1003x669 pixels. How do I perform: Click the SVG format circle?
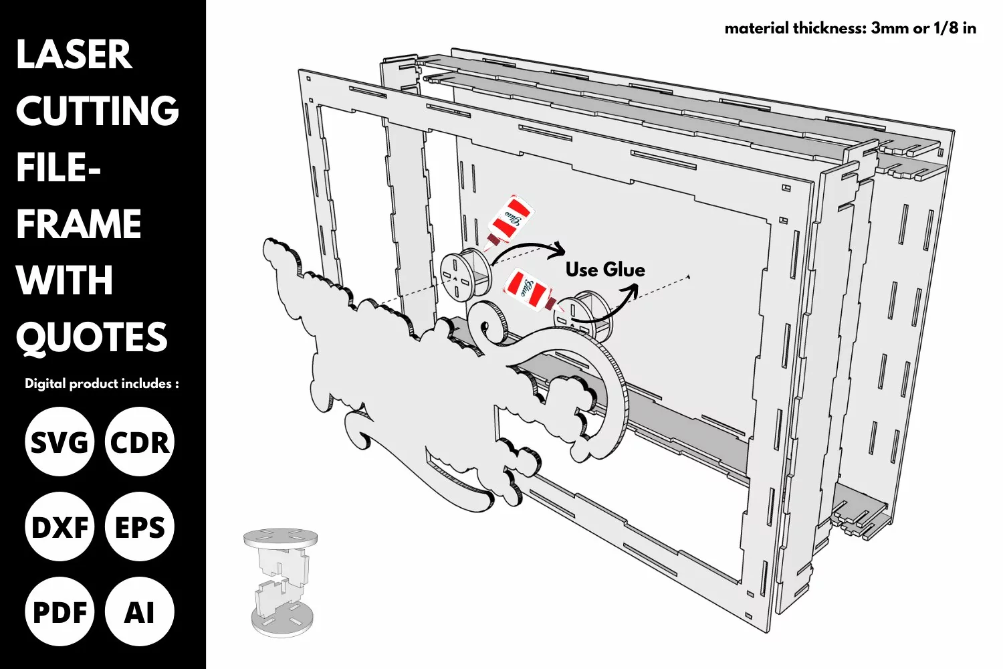point(60,442)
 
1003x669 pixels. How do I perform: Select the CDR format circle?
point(140,442)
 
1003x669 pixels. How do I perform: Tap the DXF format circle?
point(60,527)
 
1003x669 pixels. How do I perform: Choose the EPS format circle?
point(140,527)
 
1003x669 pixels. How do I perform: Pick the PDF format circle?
point(60,611)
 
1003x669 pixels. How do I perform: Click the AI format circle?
point(140,611)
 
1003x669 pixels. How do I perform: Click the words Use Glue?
point(605,270)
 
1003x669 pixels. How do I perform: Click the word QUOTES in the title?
point(92,337)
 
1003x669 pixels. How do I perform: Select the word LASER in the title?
point(74,55)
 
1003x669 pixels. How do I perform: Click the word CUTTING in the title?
point(98,110)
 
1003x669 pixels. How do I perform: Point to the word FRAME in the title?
point(79,223)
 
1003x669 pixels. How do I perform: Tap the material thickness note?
point(851,28)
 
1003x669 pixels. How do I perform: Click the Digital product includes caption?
point(102,383)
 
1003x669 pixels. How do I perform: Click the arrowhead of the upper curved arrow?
point(559,249)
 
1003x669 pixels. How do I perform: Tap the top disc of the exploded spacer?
point(281,538)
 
